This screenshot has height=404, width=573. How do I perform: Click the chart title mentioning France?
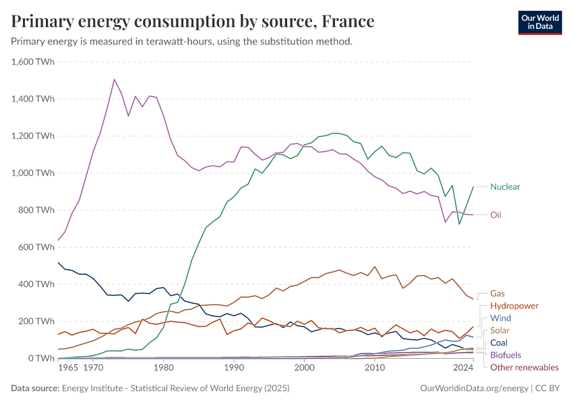coord(193,22)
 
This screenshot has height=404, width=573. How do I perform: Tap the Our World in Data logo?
coord(539,22)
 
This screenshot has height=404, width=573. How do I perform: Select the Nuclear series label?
coord(505,187)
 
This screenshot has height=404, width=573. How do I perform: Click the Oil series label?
coord(495,215)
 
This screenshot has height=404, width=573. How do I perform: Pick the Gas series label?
coord(497,294)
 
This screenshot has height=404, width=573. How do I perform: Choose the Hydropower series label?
coord(514,306)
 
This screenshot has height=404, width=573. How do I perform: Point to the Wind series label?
coord(500,318)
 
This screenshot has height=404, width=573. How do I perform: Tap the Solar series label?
coord(500,331)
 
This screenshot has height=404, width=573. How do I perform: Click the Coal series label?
coord(500,343)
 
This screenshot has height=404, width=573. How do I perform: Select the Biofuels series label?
coord(506,355)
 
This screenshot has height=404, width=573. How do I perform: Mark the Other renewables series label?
coord(524,367)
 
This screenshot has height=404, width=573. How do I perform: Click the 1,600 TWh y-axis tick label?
coord(33,62)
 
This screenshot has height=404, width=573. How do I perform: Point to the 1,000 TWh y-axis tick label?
coord(33,173)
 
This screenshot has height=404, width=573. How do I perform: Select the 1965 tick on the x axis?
coord(68,368)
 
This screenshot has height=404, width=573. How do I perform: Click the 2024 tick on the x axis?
coord(463,368)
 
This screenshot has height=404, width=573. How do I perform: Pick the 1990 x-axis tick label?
coord(234,368)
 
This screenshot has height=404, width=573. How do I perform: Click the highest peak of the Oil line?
coord(114,79)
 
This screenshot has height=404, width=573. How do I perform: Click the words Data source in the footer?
coord(34,389)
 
